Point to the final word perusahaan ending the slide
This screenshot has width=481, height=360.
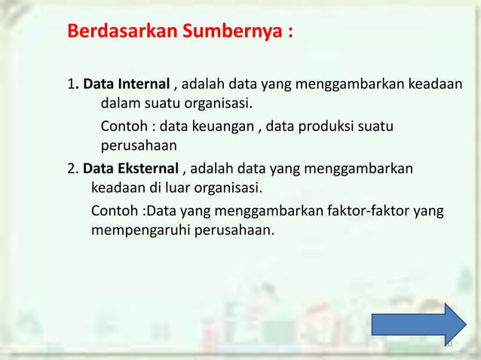tap(234, 231)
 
